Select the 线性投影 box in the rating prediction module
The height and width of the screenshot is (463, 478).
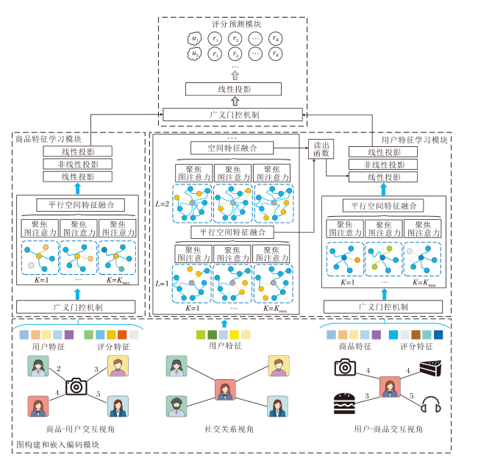[233, 90]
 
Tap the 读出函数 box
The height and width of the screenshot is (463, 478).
[321, 148]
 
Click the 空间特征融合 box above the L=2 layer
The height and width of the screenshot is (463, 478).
[232, 148]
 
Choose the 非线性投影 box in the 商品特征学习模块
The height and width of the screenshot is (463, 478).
[77, 164]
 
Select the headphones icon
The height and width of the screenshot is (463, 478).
[430, 403]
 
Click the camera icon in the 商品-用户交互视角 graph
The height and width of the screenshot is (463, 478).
[76, 387]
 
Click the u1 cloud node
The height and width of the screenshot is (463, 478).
[194, 39]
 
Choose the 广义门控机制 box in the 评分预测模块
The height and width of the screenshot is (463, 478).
[233, 115]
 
